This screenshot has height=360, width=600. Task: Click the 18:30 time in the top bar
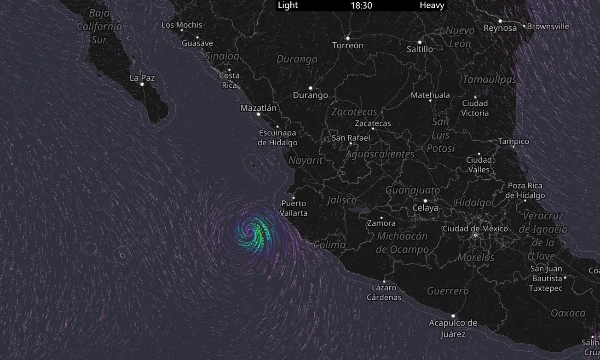pyautogui.click(x=361, y=6)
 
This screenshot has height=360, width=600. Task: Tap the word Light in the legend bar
pyautogui.click(x=288, y=6)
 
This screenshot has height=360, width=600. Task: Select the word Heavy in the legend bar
pyautogui.click(x=432, y=6)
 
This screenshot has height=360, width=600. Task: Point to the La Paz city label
pyautogui.click(x=142, y=78)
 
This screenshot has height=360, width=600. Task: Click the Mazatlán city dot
pyautogui.click(x=259, y=114)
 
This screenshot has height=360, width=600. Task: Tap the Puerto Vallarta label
pyautogui.click(x=294, y=208)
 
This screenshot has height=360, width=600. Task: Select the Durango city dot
pyautogui.click(x=311, y=88)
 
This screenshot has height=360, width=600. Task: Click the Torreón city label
pyautogui.click(x=348, y=46)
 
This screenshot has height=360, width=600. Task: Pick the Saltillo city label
pyautogui.click(x=420, y=49)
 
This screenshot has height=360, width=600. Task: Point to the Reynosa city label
pyautogui.click(x=500, y=29)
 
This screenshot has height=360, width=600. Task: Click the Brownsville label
pyautogui.click(x=548, y=26)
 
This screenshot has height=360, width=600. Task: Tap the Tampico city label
pyautogui.click(x=513, y=141)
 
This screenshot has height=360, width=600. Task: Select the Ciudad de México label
pyautogui.click(x=475, y=229)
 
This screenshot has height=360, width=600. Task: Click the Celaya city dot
pyautogui.click(x=425, y=201)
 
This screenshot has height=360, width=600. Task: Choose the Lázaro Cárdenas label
pyautogui.click(x=384, y=292)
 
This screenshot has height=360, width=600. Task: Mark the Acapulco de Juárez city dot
pyautogui.click(x=453, y=316)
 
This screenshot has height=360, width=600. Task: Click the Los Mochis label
pyautogui.click(x=182, y=25)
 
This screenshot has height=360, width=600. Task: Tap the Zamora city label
pyautogui.click(x=381, y=223)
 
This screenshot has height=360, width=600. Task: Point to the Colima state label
pyautogui.click(x=329, y=245)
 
